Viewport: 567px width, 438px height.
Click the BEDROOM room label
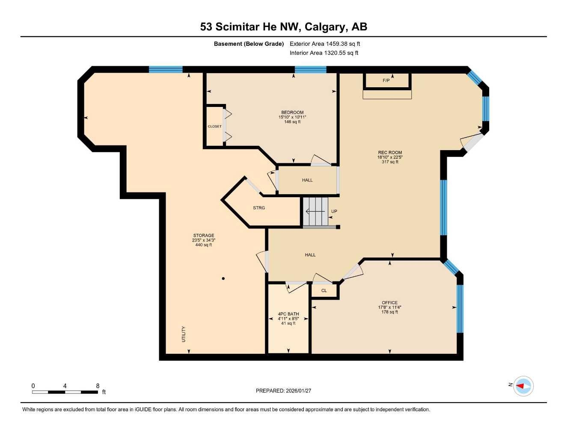click(292, 112)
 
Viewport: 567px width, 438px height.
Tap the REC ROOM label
click(390, 152)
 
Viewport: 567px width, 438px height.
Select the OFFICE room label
click(389, 302)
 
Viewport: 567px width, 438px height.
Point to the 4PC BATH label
click(288, 314)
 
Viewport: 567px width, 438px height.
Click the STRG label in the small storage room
click(259, 208)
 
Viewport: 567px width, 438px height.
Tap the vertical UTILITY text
click(184, 334)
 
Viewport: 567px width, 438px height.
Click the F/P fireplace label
click(386, 80)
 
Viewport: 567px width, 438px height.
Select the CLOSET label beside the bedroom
click(215, 126)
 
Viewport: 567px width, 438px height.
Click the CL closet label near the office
click(324, 290)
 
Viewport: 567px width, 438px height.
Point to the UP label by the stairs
click(334, 211)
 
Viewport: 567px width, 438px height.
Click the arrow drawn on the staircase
click(315, 211)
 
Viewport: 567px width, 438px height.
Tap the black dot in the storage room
click(223, 278)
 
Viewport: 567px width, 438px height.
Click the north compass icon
click(523, 386)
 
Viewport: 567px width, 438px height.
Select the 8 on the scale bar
click(98, 386)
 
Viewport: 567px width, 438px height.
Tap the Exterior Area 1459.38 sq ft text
click(325, 44)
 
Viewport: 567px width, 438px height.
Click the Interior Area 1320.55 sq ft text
click(324, 53)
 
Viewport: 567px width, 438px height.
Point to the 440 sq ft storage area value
click(204, 245)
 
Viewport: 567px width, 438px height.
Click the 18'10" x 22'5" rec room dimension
click(390, 157)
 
